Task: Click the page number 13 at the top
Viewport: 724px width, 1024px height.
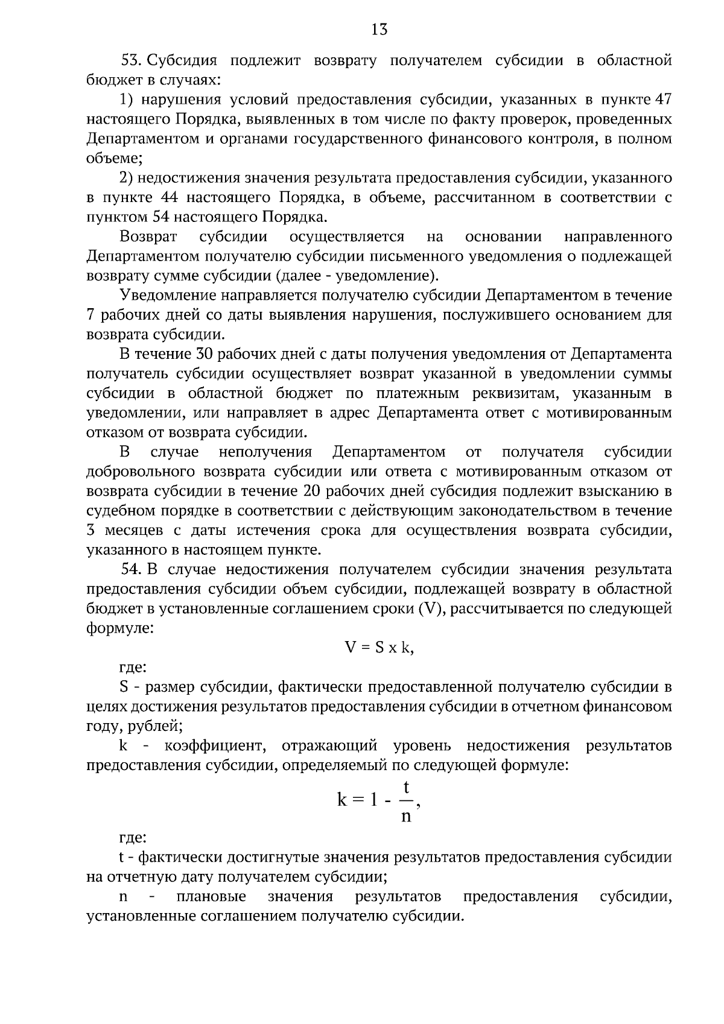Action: tap(379, 29)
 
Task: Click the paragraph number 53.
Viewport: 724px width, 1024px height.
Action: tap(131, 60)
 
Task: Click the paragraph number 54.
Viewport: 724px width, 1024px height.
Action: tap(131, 569)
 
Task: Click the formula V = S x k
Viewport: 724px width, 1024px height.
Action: tap(379, 648)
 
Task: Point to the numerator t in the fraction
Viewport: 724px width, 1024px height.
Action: tap(407, 788)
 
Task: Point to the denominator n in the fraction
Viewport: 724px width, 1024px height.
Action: tap(406, 817)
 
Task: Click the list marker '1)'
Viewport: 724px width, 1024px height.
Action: tap(125, 100)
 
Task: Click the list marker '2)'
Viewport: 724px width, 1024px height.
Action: tap(125, 178)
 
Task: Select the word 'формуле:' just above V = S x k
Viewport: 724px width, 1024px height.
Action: tap(120, 628)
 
